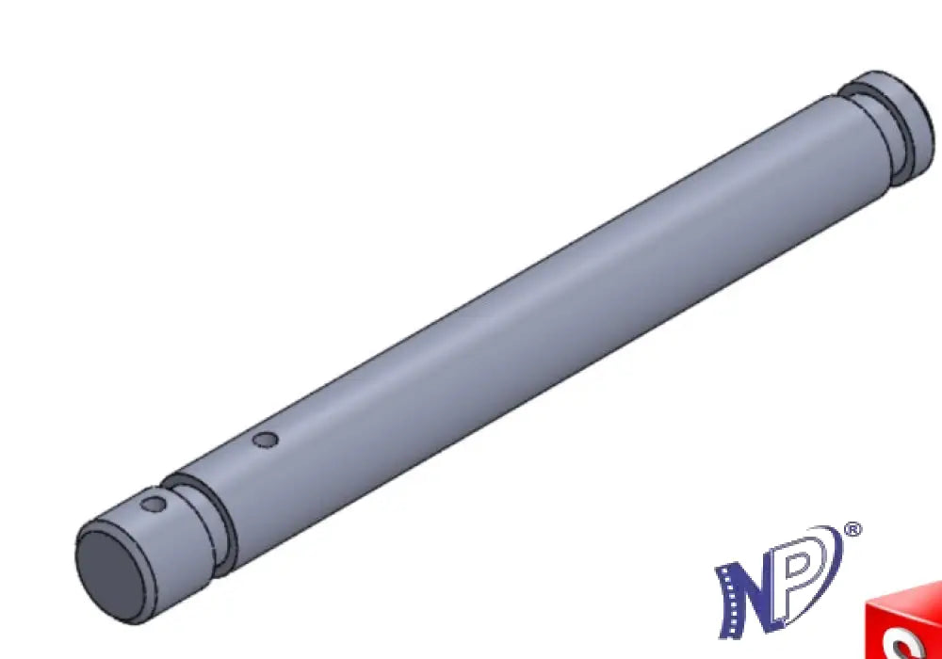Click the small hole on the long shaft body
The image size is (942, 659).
(265, 441)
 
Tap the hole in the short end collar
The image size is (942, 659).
(154, 505)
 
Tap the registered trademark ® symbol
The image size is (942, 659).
(853, 530)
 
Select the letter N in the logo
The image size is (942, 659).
(745, 597)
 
